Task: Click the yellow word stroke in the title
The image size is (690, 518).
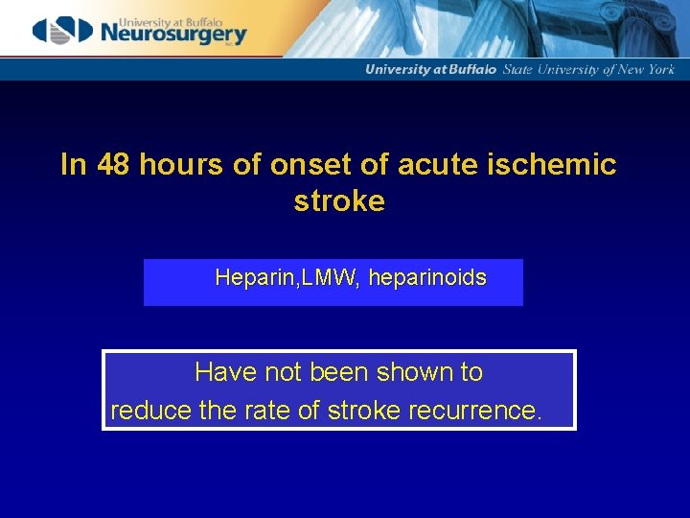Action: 339,201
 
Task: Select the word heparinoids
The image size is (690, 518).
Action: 427,278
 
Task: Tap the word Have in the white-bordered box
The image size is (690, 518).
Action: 219,371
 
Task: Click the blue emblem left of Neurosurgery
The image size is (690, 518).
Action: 64,30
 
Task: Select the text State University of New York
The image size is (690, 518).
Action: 589,69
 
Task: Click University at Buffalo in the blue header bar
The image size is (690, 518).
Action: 431,69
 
